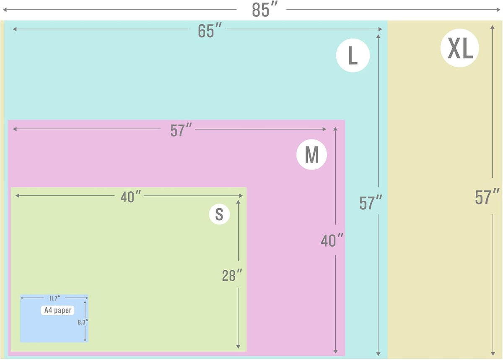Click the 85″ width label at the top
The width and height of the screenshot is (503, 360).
(x=265, y=10)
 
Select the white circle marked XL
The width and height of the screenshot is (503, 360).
(x=460, y=48)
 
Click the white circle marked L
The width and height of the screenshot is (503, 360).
(x=353, y=55)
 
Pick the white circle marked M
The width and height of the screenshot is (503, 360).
(x=311, y=154)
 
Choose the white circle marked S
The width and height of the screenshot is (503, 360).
(x=219, y=214)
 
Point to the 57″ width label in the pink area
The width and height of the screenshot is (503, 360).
(x=181, y=130)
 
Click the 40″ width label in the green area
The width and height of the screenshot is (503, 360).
(x=131, y=196)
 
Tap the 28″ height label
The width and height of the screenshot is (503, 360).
(x=232, y=275)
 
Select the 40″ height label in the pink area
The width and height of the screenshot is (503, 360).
(x=332, y=240)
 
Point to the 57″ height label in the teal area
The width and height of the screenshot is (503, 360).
(x=371, y=203)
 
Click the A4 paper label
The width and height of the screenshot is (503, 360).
(x=57, y=310)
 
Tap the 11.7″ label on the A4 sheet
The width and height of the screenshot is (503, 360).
(x=55, y=298)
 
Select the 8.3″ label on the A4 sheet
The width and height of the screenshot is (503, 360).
(x=83, y=322)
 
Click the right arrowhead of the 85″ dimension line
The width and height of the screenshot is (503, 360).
(x=498, y=10)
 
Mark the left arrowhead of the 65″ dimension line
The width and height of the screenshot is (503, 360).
(x=15, y=29)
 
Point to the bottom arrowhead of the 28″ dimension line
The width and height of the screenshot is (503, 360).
(x=238, y=347)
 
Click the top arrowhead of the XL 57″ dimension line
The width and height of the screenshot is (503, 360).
(x=493, y=27)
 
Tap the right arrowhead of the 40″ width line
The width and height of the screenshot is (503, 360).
(x=241, y=196)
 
